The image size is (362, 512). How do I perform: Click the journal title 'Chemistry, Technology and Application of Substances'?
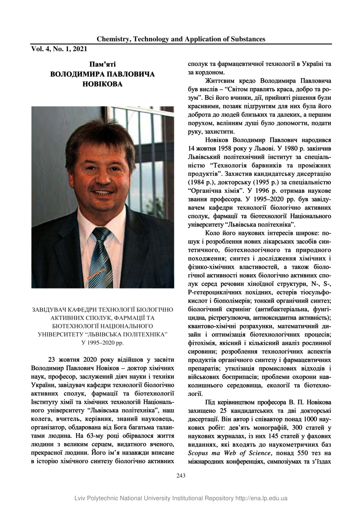(181, 39)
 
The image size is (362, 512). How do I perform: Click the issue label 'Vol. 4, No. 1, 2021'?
(59, 49)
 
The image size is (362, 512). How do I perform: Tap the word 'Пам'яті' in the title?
(102, 64)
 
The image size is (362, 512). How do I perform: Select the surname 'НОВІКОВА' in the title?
(102, 84)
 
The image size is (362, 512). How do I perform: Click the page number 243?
(181, 475)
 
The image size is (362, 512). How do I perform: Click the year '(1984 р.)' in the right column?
(202, 182)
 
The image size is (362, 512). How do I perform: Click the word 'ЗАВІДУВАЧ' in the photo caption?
(50, 309)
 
